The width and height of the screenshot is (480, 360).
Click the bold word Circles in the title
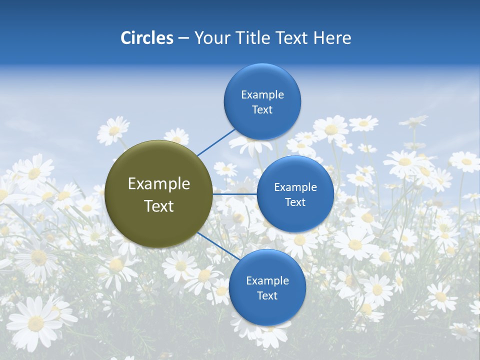click(x=146, y=38)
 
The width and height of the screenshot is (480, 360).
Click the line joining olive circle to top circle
click(x=216, y=141)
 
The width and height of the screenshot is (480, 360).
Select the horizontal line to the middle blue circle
click(x=234, y=193)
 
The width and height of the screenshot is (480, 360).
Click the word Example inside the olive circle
click(x=159, y=184)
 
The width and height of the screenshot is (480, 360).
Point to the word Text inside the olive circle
click(x=159, y=206)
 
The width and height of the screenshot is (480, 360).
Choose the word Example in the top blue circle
click(x=262, y=95)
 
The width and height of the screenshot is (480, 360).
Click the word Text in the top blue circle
click(x=262, y=110)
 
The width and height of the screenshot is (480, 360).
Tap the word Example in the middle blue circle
click(x=295, y=187)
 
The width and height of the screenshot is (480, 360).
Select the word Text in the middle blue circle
click(x=295, y=202)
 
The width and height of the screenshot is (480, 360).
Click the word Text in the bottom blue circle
click(x=267, y=296)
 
